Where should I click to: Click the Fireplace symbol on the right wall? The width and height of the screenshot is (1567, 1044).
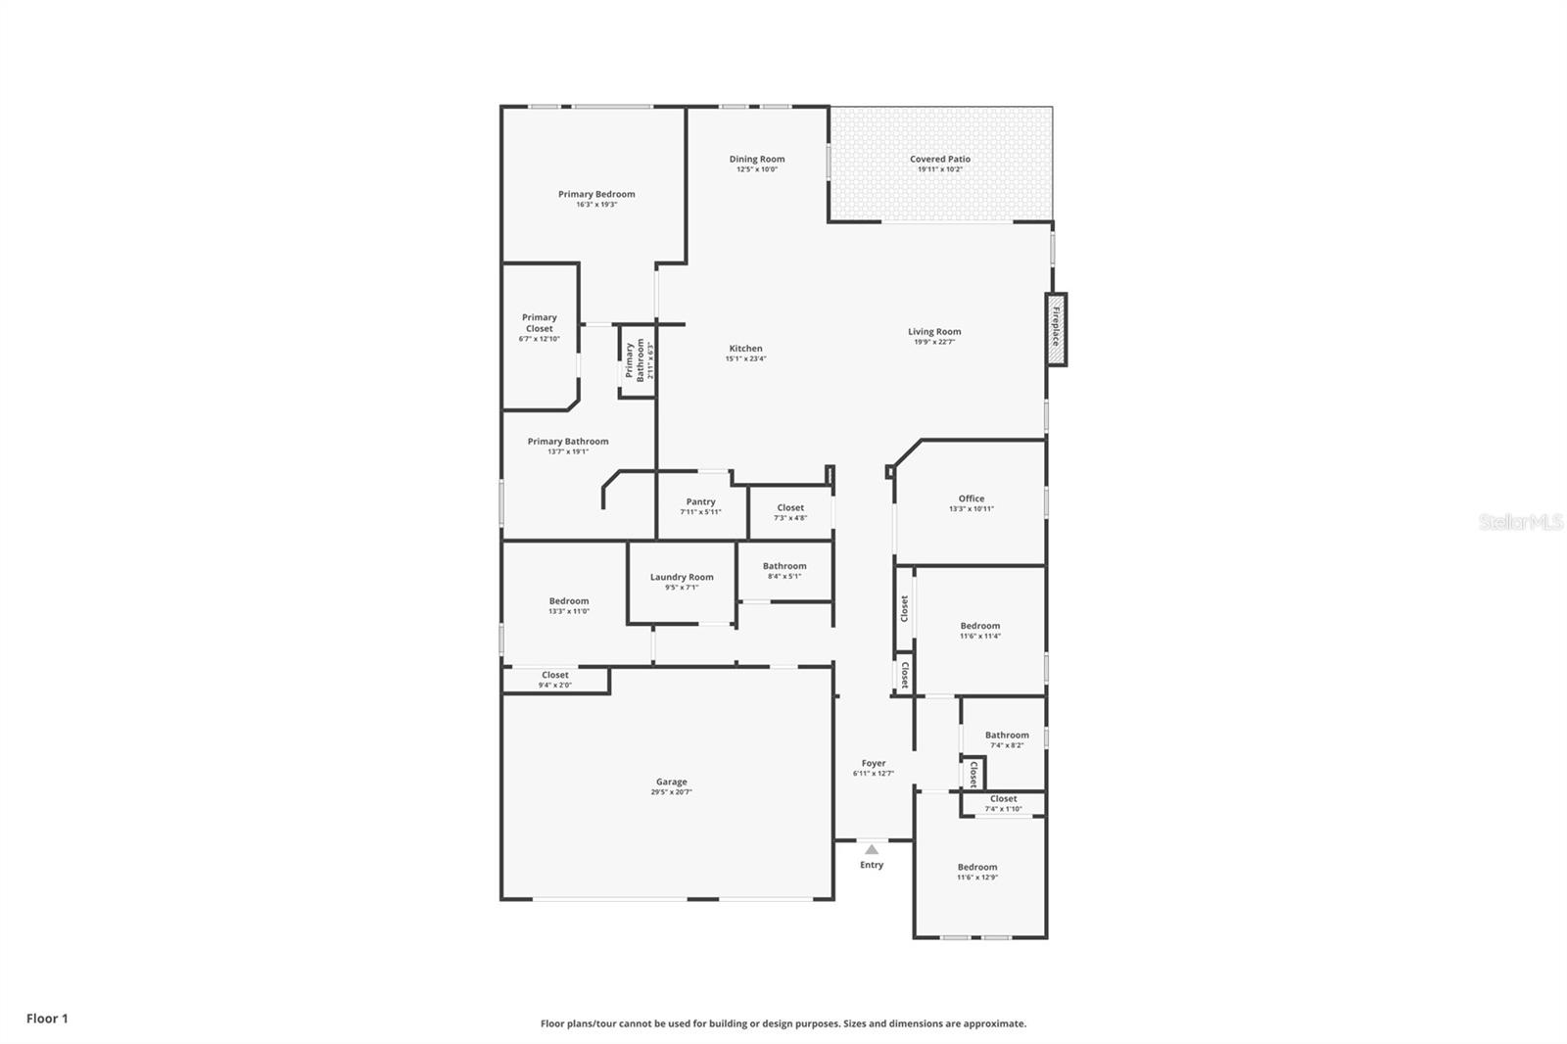pos(1056,330)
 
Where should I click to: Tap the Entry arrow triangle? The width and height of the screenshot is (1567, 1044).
pos(872,849)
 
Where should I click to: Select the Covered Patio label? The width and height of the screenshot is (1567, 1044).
pos(939,159)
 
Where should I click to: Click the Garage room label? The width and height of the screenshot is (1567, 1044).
pos(671,782)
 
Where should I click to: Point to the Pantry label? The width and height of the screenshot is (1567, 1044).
pos(700,501)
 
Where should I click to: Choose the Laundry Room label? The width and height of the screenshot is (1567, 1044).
pos(682,577)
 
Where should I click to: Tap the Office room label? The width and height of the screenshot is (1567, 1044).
pos(971,498)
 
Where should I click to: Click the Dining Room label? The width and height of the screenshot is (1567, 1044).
pos(756,159)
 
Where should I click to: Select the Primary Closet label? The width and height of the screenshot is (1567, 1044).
pos(539,322)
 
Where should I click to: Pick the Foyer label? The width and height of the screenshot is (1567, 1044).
pos(873,763)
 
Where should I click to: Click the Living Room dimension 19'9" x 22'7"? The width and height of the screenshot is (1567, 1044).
pos(933,342)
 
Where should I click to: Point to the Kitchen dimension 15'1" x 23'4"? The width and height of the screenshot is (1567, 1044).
pos(745,358)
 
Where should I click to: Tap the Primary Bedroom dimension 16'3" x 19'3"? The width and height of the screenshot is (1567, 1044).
pos(596,204)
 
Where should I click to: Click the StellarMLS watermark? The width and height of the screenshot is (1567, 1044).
pos(1520,523)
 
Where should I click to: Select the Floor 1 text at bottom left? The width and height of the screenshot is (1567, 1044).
pos(47,1019)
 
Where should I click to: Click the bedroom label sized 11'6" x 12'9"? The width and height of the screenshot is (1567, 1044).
pos(976,867)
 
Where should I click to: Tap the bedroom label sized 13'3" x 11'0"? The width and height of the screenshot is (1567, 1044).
pos(568,601)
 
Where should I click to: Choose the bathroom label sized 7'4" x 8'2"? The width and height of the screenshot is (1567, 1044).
pos(1007,735)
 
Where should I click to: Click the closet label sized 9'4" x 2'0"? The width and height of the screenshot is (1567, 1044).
pos(554,675)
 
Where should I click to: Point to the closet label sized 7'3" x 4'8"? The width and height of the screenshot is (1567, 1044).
pos(789,507)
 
